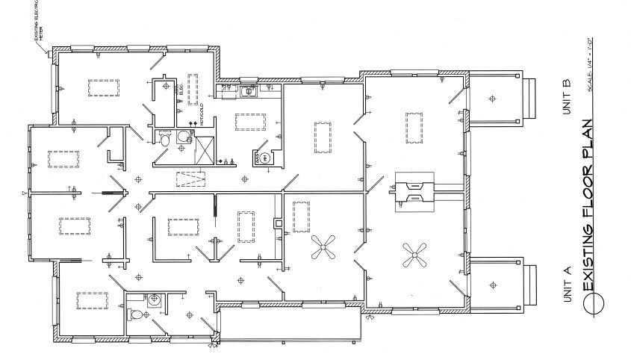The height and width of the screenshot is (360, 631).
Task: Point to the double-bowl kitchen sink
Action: (249, 92)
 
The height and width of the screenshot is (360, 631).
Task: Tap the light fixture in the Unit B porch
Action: (492, 98)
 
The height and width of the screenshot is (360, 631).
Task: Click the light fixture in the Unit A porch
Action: (492, 283)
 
